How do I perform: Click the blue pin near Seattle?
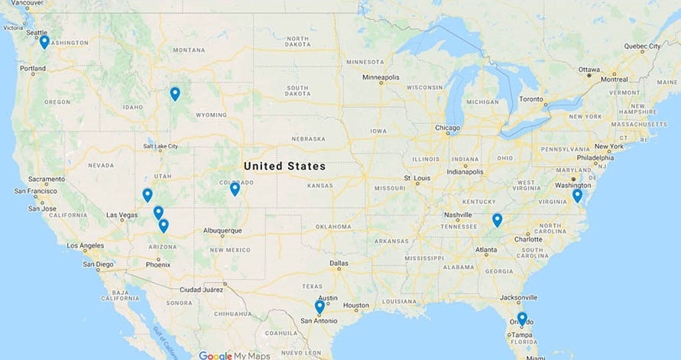click(x=44, y=41)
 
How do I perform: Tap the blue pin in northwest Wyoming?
click(x=175, y=93)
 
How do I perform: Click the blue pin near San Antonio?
click(x=319, y=306)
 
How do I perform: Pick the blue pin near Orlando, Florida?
click(x=522, y=318)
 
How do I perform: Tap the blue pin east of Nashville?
click(x=497, y=219)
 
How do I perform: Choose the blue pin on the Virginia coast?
click(x=577, y=195)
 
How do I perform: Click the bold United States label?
click(x=284, y=166)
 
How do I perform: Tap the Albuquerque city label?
click(x=222, y=230)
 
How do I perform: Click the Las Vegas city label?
click(x=122, y=215)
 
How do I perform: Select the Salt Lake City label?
click(x=160, y=146)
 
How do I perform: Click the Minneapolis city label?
click(x=381, y=77)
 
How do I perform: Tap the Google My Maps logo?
click(x=235, y=355)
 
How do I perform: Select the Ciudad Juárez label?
click(x=201, y=289)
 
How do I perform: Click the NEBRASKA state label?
click(x=308, y=139)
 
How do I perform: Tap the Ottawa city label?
click(x=589, y=70)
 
